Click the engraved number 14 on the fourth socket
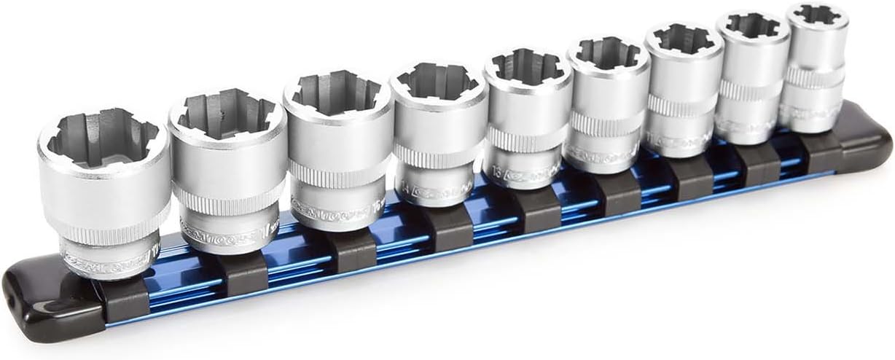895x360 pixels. [x=404, y=191]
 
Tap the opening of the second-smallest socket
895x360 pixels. [x=752, y=26]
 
